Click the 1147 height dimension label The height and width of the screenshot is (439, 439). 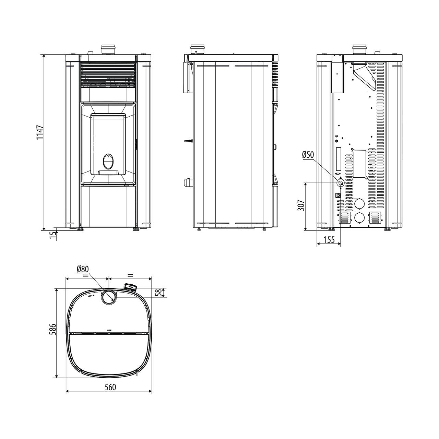point(40,132)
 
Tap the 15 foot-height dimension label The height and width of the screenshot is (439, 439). point(52,235)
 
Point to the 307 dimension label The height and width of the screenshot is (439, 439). point(301,205)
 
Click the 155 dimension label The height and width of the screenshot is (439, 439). point(329,240)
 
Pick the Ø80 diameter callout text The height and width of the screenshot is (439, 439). point(83,269)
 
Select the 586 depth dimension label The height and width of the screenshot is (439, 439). point(52,329)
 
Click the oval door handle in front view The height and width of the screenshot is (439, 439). point(108,161)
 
